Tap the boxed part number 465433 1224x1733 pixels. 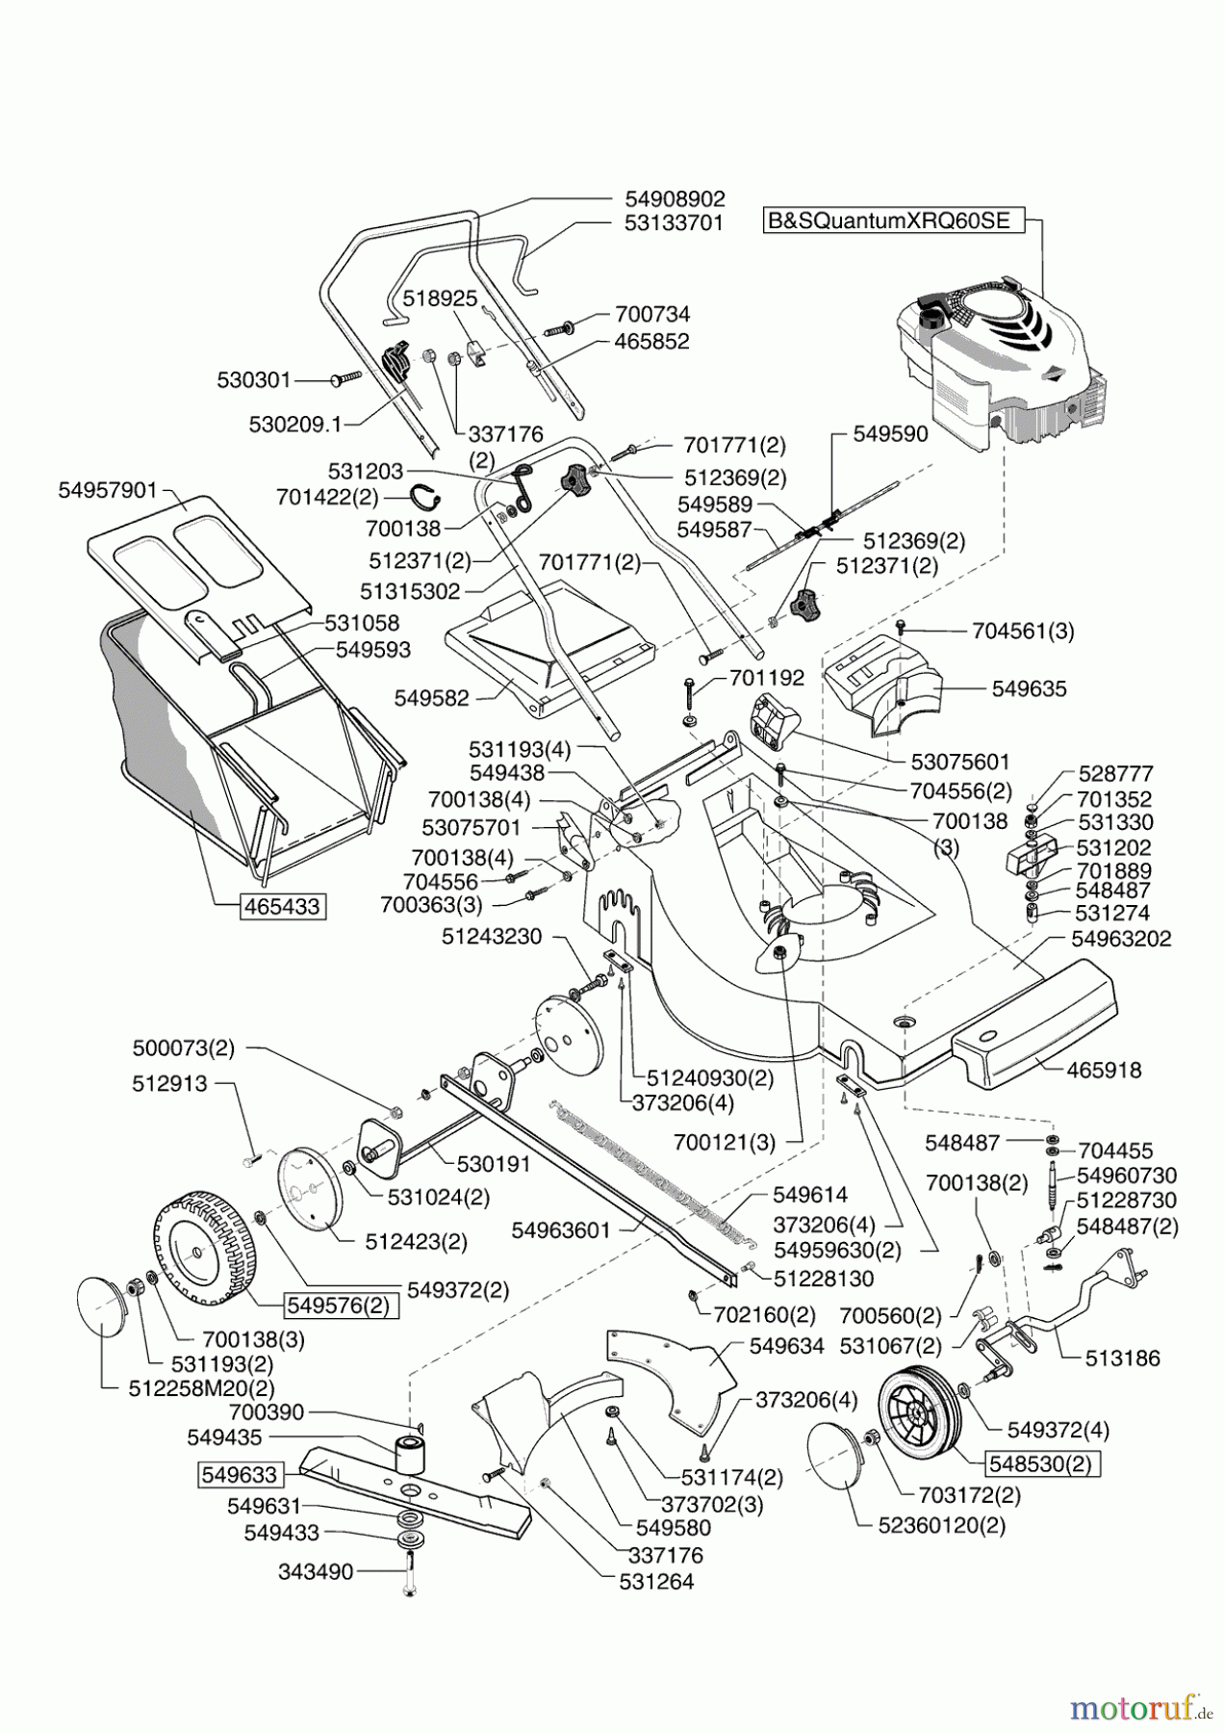coord(282,906)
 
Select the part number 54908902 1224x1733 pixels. coord(675,197)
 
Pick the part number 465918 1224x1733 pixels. coord(1104,1070)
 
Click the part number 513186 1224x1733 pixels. coord(1122,1358)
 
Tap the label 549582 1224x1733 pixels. coord(431,698)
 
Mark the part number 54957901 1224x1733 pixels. coord(107,490)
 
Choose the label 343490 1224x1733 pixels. coord(317,1571)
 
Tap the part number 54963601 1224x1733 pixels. coord(561,1229)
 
